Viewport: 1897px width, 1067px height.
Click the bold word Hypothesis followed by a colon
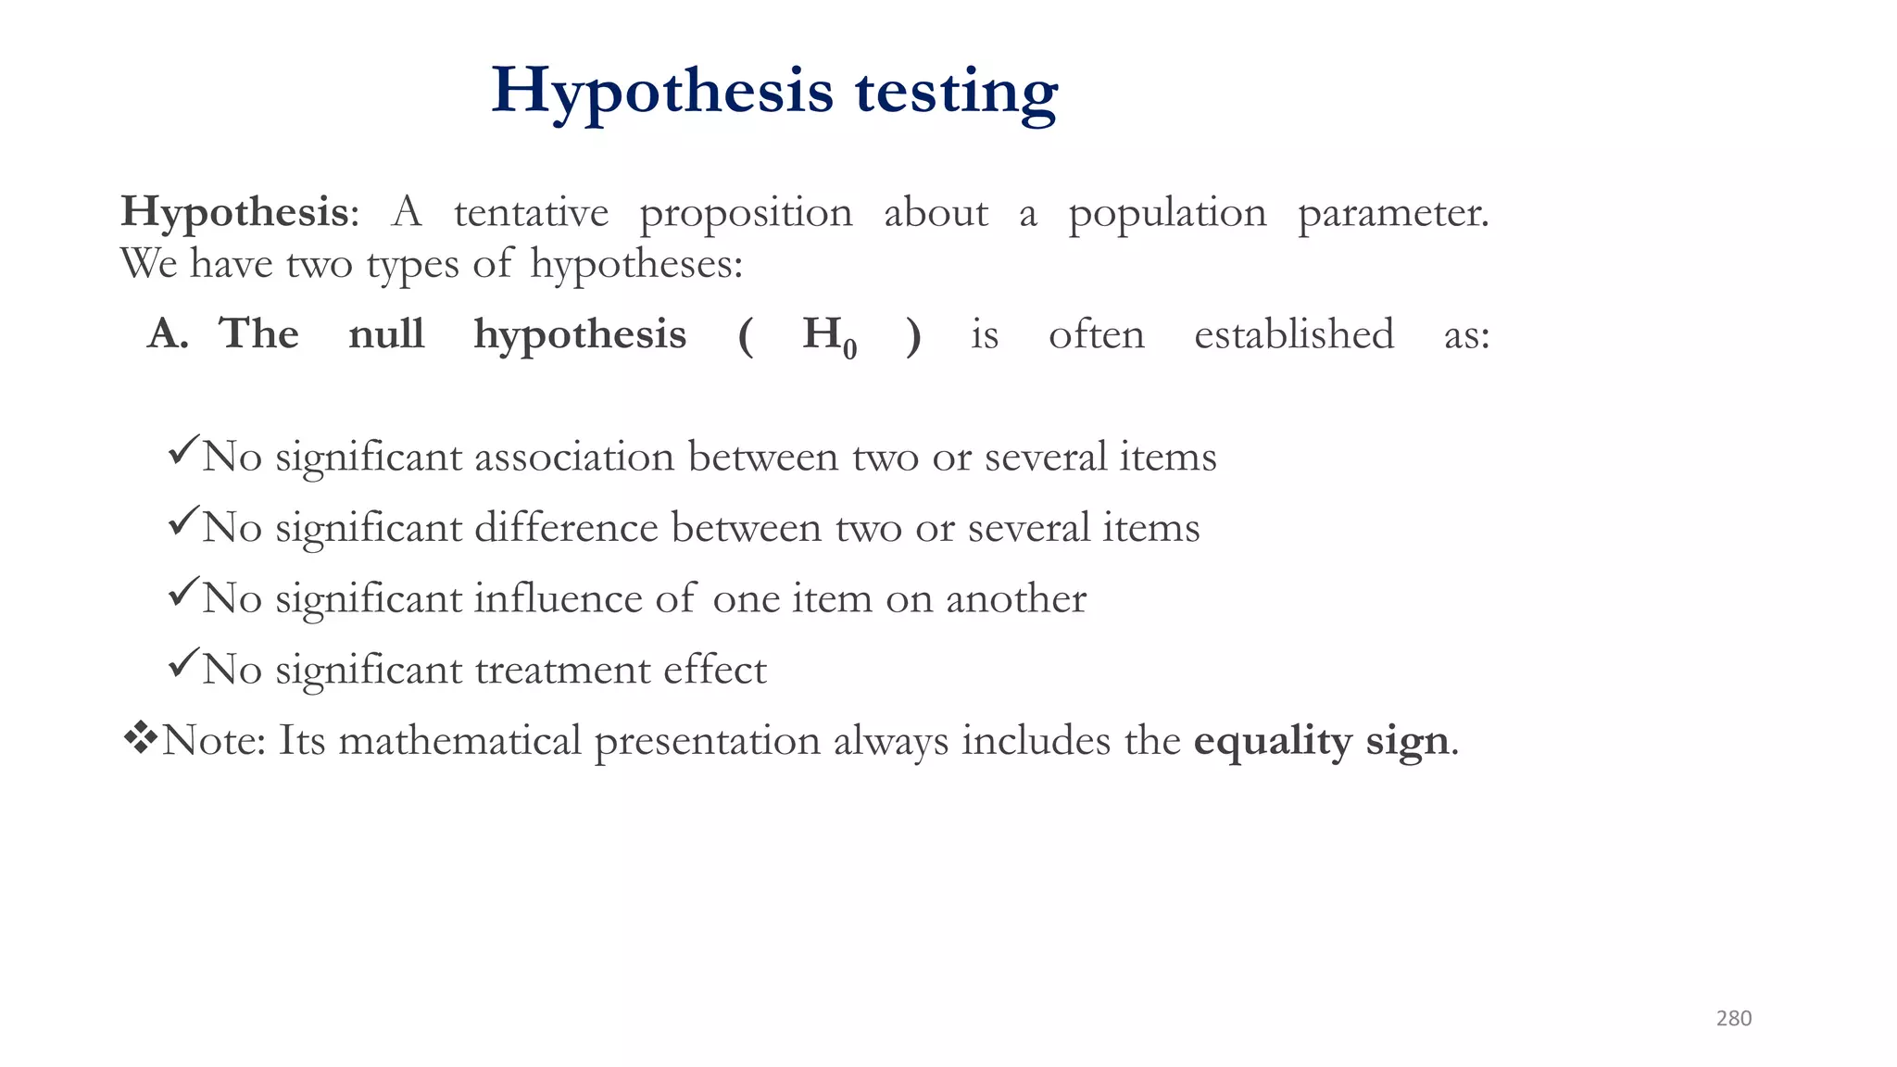click(234, 213)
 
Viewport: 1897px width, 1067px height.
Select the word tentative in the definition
click(531, 213)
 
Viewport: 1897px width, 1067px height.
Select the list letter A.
click(167, 334)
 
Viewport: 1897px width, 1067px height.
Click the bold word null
click(386, 334)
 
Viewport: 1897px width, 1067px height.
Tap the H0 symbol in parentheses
click(829, 336)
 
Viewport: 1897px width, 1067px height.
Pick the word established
click(1293, 334)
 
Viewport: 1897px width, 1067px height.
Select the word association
click(574, 458)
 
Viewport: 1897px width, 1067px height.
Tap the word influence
click(559, 599)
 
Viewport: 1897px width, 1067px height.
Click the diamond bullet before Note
click(140, 738)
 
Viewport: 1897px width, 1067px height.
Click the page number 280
click(1733, 1019)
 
